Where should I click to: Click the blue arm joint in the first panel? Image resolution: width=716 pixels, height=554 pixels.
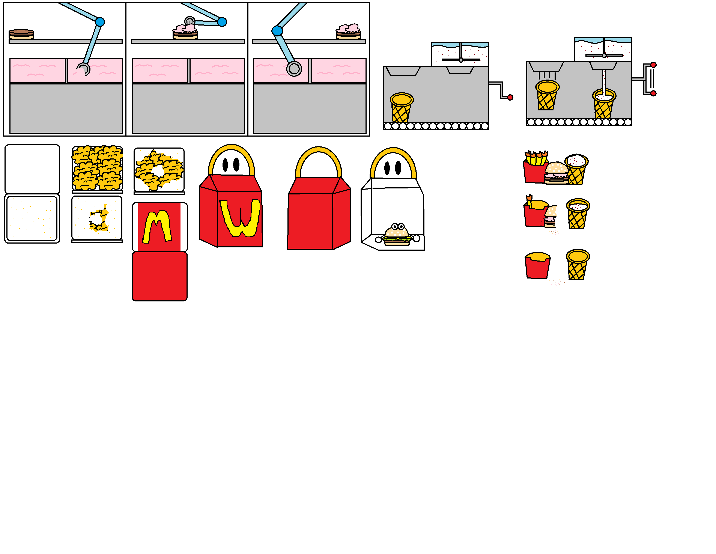(100, 22)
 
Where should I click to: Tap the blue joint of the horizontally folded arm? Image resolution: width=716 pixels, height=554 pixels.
(222, 22)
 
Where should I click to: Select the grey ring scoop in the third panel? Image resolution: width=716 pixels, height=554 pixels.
(294, 69)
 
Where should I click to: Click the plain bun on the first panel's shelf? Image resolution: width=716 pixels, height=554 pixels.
(21, 34)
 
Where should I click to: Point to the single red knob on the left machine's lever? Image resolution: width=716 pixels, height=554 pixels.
(510, 97)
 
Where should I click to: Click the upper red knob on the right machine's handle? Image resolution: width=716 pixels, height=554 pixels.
(653, 65)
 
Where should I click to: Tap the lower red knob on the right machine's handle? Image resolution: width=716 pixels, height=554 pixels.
(653, 93)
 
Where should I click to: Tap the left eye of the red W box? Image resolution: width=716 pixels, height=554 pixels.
(225, 165)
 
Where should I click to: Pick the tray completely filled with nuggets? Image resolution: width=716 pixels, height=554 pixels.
(97, 168)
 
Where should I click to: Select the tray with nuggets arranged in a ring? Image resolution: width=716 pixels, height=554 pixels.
(159, 170)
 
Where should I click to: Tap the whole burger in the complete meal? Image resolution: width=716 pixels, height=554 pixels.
(556, 173)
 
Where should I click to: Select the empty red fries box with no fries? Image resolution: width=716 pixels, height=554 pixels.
(537, 265)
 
